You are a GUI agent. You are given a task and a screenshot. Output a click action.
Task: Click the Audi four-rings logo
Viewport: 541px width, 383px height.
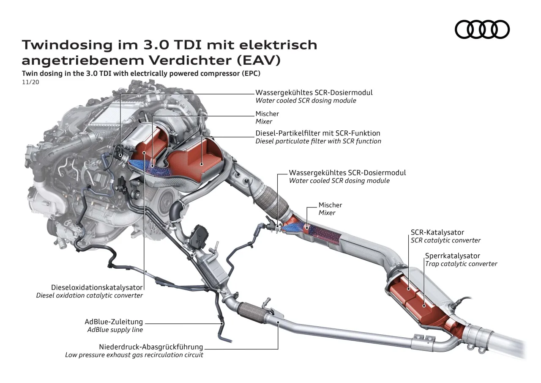482,30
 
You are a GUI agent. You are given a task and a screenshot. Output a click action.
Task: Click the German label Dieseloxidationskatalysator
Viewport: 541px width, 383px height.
97,287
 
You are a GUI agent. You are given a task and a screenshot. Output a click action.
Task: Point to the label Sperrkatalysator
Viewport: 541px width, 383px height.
452,256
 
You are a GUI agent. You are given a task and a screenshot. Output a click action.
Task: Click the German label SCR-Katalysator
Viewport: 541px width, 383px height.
437,232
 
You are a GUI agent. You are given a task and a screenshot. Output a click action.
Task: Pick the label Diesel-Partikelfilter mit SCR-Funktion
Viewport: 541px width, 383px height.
318,133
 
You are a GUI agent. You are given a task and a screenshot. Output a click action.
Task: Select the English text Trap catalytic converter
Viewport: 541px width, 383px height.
461,264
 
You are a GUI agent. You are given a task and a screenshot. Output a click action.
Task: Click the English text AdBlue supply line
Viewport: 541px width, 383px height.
115,330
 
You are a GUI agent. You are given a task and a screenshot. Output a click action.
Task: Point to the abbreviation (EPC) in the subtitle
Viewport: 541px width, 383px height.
251,73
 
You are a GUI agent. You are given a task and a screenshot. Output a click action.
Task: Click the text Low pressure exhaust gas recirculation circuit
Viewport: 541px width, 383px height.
134,355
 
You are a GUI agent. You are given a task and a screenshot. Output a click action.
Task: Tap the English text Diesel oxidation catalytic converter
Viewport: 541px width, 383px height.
90,295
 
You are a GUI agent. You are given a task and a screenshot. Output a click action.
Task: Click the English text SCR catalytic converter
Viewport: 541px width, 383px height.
445,240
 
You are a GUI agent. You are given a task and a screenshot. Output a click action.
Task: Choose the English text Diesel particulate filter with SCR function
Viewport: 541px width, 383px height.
318,141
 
